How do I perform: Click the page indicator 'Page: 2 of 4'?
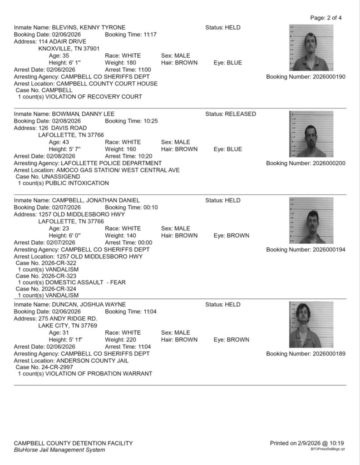(x=326, y=18)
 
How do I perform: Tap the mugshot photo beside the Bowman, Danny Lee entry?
(x=311, y=134)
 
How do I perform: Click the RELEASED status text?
(x=240, y=114)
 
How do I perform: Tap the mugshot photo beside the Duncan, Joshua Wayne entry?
(x=311, y=325)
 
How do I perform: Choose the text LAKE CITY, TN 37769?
(x=68, y=325)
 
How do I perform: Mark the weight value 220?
(x=132, y=339)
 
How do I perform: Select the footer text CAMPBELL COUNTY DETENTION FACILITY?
(x=74, y=443)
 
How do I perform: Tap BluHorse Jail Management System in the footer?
(x=59, y=450)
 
